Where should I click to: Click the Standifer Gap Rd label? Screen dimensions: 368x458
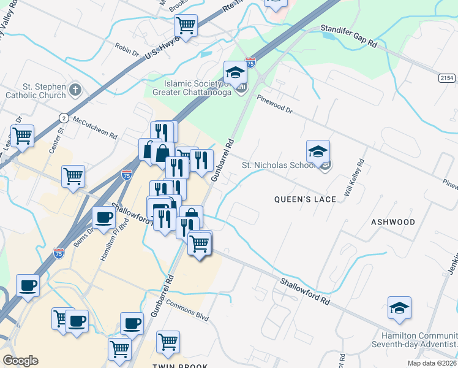click(350, 36)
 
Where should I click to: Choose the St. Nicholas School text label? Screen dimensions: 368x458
click(279, 165)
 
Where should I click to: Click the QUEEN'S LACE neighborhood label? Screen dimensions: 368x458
click(305, 199)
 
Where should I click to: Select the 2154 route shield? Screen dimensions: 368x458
click(448, 77)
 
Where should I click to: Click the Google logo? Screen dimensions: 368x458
click(20, 361)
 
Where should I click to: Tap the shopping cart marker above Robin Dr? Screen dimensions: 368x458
click(186, 26)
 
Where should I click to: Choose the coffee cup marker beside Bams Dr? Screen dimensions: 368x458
click(103, 217)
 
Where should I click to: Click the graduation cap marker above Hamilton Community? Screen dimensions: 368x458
click(399, 308)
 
